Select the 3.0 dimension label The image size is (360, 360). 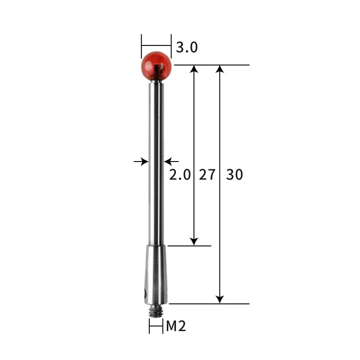(x=187, y=47)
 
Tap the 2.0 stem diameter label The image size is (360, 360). (x=180, y=175)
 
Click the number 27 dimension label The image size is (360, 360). (x=207, y=175)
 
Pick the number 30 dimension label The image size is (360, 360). (x=234, y=175)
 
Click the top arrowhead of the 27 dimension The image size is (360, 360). (x=194, y=69)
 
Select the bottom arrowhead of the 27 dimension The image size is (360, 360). (x=194, y=242)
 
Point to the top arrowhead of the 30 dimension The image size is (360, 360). (x=220, y=69)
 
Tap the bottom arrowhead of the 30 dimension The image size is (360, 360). (x=220, y=299)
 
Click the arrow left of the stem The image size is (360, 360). (x=143, y=161)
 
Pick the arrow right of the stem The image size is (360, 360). (x=169, y=161)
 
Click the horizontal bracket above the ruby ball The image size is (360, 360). (x=156, y=45)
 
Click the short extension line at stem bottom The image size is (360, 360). (x=189, y=246)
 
